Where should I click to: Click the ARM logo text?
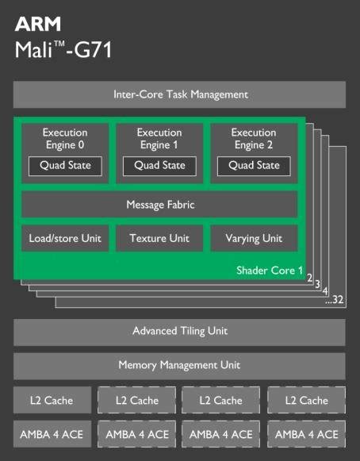point(38,24)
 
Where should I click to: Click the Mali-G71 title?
point(63,49)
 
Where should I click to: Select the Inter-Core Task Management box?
point(179,94)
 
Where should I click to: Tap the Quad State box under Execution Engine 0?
point(65,166)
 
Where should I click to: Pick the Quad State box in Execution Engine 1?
point(159,166)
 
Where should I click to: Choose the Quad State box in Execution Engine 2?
point(254,166)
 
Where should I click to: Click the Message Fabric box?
point(159,205)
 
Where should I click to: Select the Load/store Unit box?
point(65,238)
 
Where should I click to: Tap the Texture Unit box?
point(159,238)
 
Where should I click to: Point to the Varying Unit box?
point(254,238)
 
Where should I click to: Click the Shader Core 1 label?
point(270,271)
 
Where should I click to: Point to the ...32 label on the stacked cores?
point(335,300)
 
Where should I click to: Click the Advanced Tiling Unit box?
point(179,332)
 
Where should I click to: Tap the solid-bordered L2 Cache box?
point(52,400)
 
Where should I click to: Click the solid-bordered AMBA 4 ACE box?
point(52,434)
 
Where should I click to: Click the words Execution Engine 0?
point(65,139)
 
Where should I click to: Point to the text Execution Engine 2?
point(254,139)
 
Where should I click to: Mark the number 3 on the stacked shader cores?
point(317,284)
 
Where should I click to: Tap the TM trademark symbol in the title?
point(59,44)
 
